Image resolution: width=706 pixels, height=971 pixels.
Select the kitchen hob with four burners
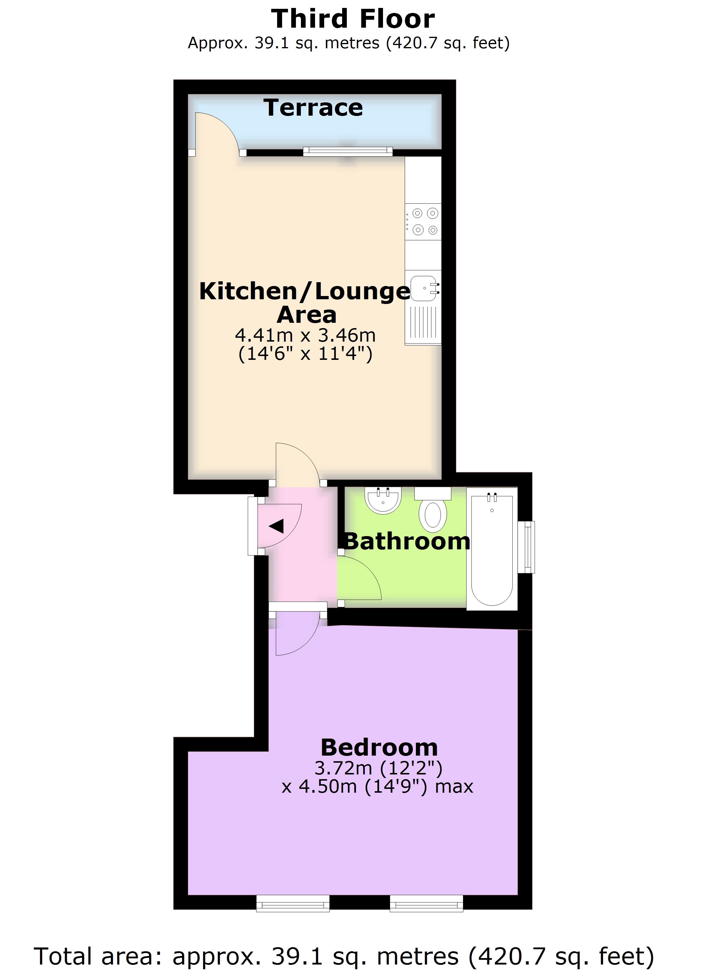(423, 221)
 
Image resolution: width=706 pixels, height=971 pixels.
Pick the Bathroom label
(407, 542)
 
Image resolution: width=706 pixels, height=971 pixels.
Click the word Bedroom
(379, 748)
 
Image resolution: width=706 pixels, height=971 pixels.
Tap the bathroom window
(529, 546)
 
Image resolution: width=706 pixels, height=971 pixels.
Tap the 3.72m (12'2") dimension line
(379, 769)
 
